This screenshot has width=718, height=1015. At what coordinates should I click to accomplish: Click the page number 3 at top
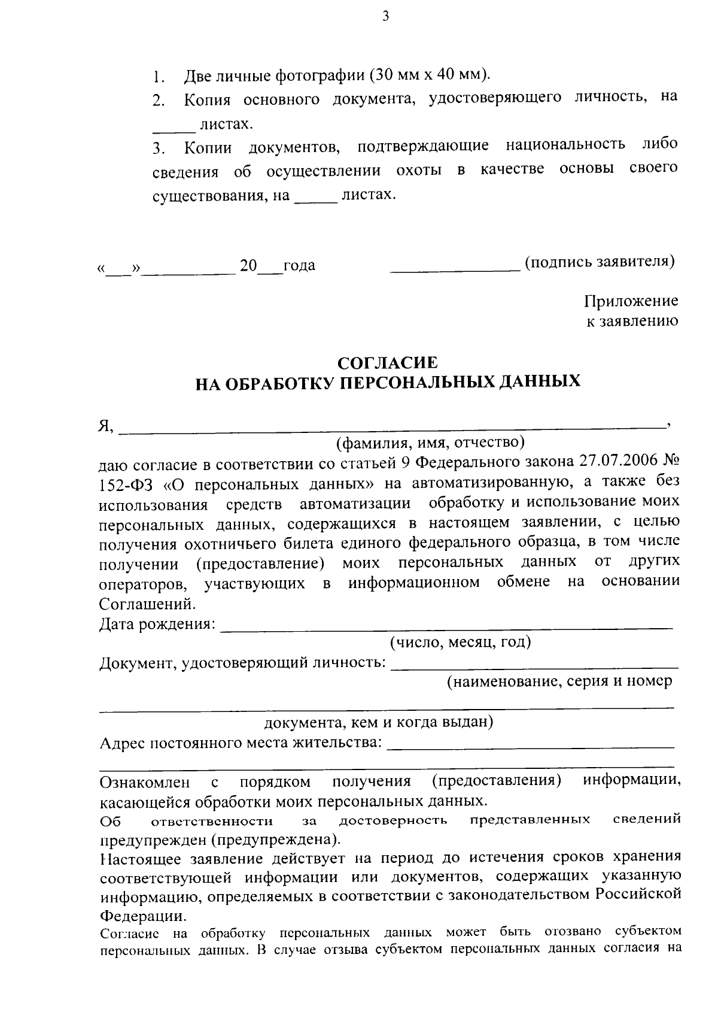[385, 17]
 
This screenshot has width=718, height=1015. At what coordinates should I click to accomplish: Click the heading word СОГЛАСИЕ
[388, 362]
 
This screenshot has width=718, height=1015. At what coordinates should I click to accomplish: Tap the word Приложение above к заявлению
[631, 301]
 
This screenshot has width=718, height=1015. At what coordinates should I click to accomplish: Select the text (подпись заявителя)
[600, 262]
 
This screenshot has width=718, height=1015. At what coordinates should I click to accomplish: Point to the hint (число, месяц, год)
[460, 643]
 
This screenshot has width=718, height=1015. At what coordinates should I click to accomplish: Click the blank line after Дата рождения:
[446, 626]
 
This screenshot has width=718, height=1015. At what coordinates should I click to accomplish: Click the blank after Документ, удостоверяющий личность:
[534, 665]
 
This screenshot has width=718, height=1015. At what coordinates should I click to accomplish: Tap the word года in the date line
[299, 265]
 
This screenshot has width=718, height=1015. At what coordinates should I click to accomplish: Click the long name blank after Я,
[392, 426]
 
